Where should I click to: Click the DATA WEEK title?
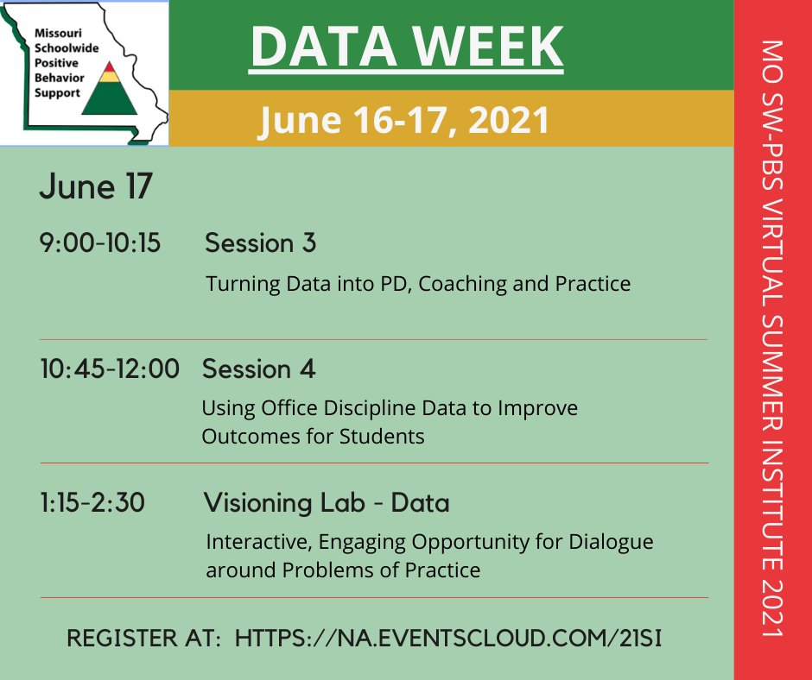[406, 47]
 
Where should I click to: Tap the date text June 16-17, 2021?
[404, 120]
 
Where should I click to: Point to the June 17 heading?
[95, 188]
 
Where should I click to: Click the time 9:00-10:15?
[100, 244]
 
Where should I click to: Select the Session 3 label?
[260, 244]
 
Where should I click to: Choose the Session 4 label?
[258, 369]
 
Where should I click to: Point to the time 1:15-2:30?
[92, 503]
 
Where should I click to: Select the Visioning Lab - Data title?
[327, 503]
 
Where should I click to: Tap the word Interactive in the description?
[254, 543]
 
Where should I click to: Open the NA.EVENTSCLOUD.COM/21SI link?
[449, 639]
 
